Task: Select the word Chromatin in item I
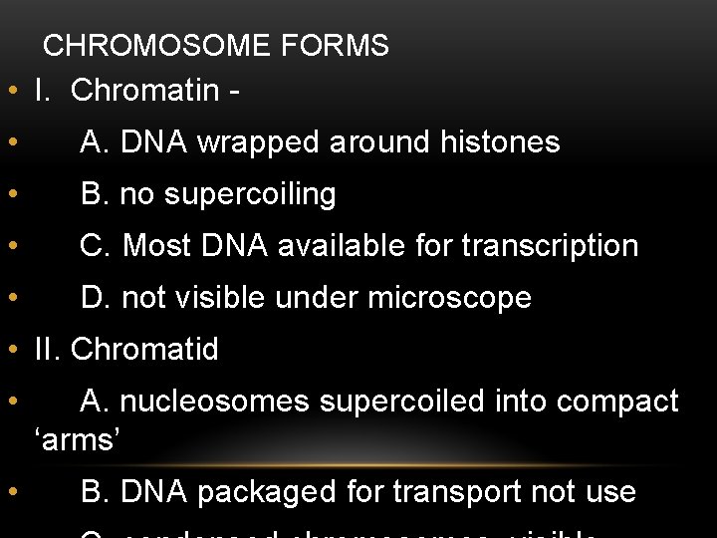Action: pos(144,91)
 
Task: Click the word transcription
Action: pos(550,245)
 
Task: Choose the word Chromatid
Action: pos(144,350)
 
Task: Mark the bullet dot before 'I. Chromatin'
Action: pos(10,92)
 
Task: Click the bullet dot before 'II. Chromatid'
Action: pos(10,351)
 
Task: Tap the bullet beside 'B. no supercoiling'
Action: pos(10,195)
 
